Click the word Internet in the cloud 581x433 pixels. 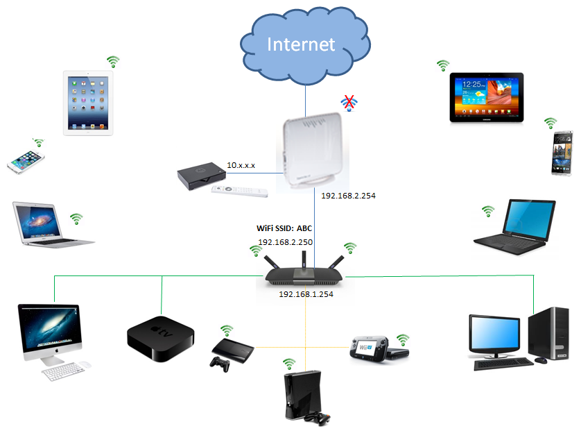coord(301,44)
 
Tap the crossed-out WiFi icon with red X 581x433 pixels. coord(349,103)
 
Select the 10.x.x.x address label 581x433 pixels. coord(241,165)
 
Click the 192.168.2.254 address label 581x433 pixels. coord(348,196)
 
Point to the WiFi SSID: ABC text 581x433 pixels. coord(284,228)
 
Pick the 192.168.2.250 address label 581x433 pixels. coord(286,242)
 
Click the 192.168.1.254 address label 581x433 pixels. coord(306,294)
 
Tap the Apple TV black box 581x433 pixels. coord(160,339)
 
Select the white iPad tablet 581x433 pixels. coord(88,103)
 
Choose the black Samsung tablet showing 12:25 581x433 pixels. coord(487,98)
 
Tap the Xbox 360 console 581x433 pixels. coord(303,396)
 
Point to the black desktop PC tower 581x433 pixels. coord(549,334)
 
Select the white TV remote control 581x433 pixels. coord(239,191)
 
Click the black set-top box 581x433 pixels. coord(201,176)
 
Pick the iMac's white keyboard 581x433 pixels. coord(63,371)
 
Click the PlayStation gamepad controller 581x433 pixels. coord(220,364)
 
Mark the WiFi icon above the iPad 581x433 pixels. coord(113,62)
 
